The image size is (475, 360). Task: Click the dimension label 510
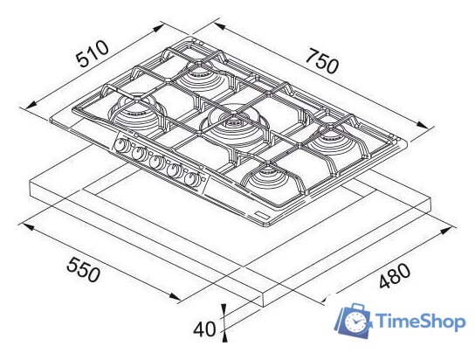(92, 54)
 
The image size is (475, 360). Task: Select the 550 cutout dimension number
(83, 269)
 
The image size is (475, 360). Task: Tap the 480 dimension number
(395, 276)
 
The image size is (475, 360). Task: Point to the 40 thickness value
(204, 329)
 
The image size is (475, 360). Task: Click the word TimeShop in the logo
(421, 322)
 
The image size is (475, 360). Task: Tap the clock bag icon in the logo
(354, 321)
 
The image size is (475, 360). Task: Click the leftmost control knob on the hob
(121, 145)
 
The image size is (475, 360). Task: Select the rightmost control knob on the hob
(191, 179)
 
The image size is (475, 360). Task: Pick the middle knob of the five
(156, 162)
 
